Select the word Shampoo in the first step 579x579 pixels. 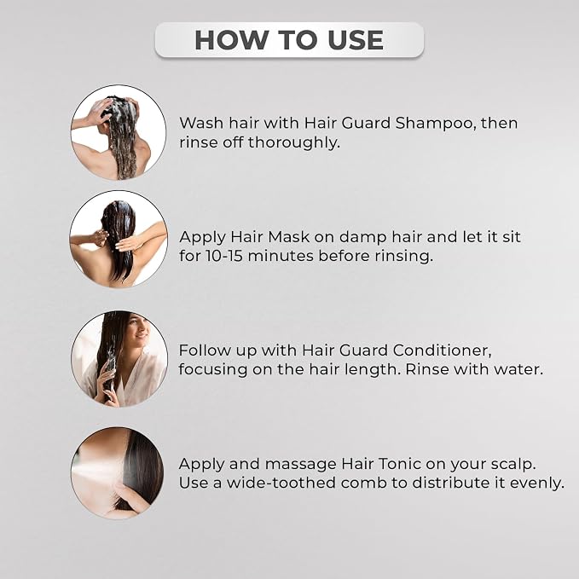point(433,124)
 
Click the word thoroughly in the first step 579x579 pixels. point(293,143)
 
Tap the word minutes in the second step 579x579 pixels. point(281,256)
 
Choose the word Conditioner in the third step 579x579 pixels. point(442,350)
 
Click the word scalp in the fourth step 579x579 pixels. point(513,465)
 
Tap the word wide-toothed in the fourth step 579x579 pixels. point(281,483)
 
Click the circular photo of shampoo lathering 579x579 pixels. point(119,132)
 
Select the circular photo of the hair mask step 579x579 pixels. point(119,240)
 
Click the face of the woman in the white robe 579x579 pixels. point(138,331)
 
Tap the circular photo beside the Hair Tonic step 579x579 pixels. point(117,473)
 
